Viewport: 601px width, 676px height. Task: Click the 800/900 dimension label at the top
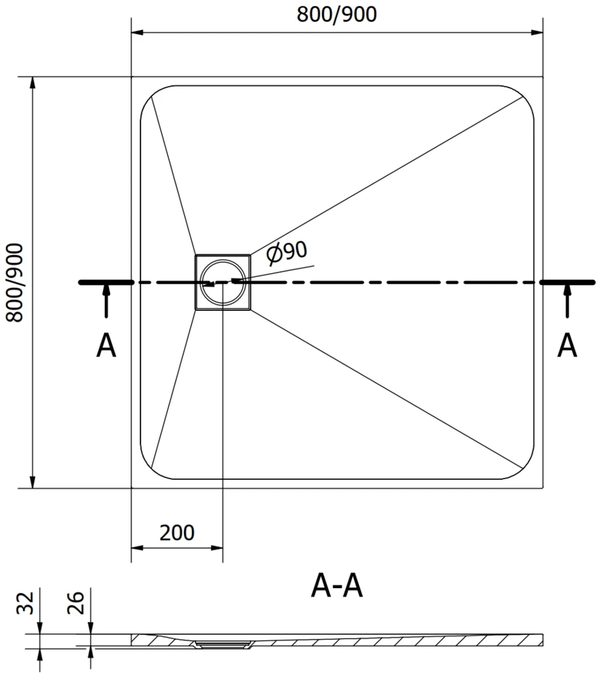pos(337,14)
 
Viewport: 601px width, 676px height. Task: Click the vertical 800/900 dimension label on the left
pos(15,283)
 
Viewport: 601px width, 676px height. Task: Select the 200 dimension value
pos(176,533)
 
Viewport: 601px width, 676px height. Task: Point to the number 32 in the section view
pos(25,603)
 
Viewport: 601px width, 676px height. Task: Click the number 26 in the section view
pos(76,602)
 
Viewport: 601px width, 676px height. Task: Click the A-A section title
pos(337,586)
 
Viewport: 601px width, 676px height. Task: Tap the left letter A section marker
pos(106,345)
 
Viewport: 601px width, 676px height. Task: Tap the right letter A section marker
pos(567,345)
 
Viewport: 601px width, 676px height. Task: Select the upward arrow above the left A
pos(106,301)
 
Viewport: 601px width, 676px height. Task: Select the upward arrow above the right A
pos(567,301)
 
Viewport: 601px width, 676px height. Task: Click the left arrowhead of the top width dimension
pos(137,32)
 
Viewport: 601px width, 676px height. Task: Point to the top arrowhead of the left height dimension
pos(32,82)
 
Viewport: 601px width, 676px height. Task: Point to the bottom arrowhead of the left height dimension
pos(32,483)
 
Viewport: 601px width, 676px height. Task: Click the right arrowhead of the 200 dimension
pos(217,548)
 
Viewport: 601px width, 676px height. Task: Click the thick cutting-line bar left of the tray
pos(106,283)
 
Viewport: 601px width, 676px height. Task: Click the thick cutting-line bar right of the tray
pos(567,283)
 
